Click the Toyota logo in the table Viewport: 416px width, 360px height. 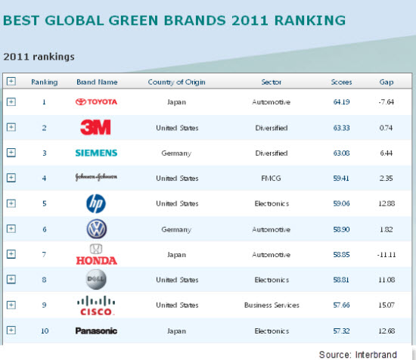click(x=96, y=101)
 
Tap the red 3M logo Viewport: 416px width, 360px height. click(x=96, y=127)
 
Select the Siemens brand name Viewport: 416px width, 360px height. click(x=96, y=153)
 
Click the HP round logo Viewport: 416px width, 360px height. click(x=96, y=203)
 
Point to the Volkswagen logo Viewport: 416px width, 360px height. click(x=96, y=228)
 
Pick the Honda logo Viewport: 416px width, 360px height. click(x=96, y=255)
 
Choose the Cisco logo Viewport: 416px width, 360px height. click(x=96, y=306)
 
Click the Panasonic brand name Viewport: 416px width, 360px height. click(x=96, y=331)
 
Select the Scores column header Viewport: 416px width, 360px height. click(x=341, y=82)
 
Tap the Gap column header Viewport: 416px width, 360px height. click(x=386, y=82)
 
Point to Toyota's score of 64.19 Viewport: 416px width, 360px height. click(x=341, y=102)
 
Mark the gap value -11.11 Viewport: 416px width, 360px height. click(x=386, y=255)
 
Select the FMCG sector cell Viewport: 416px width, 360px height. click(x=272, y=178)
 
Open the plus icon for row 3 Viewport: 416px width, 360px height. click(x=11, y=153)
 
